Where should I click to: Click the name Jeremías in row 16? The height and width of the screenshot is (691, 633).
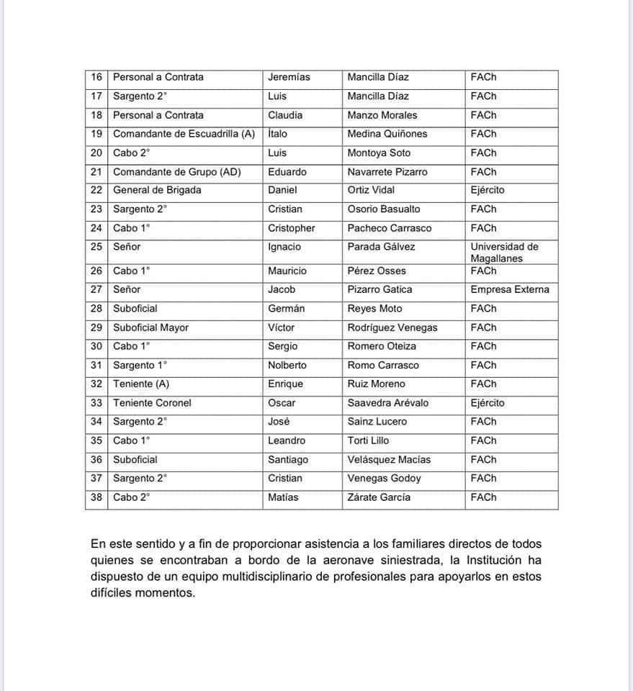tap(289, 77)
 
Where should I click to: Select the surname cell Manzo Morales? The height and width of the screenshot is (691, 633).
tap(382, 115)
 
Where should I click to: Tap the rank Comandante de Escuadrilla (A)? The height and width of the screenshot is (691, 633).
tap(184, 134)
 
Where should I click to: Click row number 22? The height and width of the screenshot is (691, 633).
tap(96, 190)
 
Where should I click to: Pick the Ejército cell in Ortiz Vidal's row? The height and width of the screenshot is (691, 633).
tap(488, 190)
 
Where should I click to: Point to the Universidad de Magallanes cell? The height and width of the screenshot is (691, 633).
tap(504, 252)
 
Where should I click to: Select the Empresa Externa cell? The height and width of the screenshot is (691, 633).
tap(510, 289)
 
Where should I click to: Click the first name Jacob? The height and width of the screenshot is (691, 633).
tap(282, 289)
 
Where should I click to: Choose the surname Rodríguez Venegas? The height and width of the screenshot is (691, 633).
tap(392, 328)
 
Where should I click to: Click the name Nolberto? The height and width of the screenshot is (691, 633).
tap(287, 365)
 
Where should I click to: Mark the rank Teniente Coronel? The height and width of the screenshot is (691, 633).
tap(152, 403)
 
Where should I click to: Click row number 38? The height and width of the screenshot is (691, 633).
tap(96, 497)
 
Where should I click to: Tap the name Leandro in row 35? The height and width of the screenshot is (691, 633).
tap(286, 441)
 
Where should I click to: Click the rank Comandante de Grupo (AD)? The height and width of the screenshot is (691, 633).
tap(176, 172)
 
